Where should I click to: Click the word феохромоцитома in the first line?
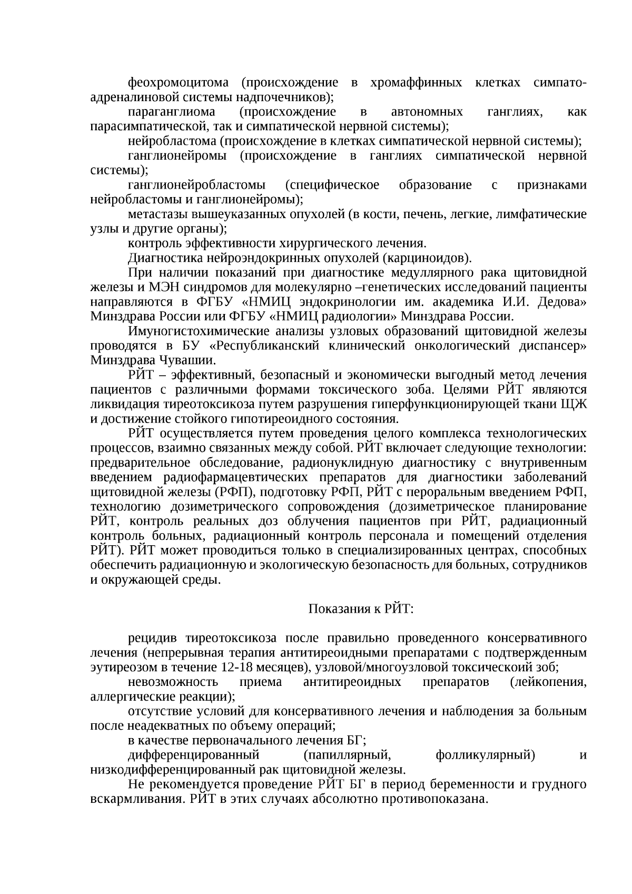coord(178,83)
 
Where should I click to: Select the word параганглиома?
coord(171,112)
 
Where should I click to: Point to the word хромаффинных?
coord(416,83)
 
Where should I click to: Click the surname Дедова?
coord(562,302)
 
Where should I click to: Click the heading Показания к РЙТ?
coord(361,609)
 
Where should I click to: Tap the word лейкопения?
coord(548,682)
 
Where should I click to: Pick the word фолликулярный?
coord(486,755)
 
